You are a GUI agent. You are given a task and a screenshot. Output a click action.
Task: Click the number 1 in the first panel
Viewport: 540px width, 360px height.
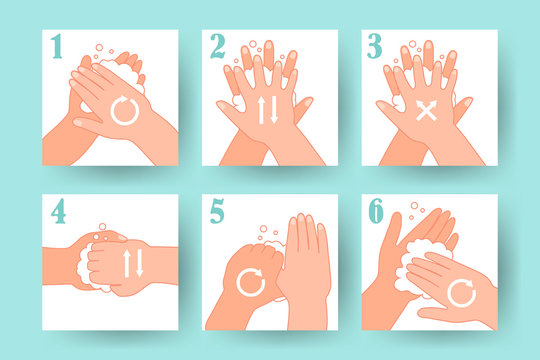(58, 46)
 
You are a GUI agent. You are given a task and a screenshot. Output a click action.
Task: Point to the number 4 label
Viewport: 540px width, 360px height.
(59, 212)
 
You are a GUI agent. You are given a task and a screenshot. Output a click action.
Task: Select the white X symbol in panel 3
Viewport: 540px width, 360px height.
(427, 111)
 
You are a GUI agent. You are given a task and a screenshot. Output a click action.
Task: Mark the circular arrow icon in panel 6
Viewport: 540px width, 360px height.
(461, 292)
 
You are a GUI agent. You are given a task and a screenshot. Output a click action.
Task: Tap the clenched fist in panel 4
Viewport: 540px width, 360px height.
(112, 262)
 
